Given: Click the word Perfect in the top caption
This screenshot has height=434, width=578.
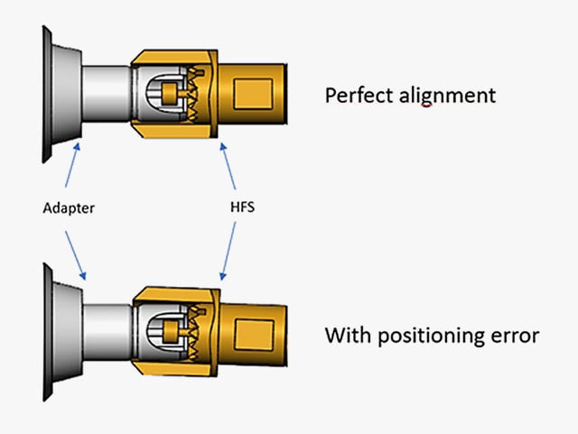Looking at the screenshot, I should [355, 95].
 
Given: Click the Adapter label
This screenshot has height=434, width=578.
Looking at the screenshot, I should [69, 208].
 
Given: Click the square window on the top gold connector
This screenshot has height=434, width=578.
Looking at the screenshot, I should [253, 94].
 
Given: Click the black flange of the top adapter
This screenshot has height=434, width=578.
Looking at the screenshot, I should [44, 94].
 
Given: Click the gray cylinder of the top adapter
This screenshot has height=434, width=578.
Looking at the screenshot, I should [107, 94].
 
